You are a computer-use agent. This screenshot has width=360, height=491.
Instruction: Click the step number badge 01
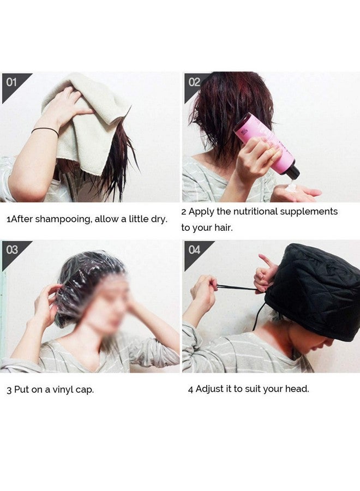[x=11, y=82]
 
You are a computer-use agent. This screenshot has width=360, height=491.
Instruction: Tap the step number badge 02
[x=194, y=82]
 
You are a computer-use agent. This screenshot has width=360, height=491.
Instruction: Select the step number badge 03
[x=11, y=250]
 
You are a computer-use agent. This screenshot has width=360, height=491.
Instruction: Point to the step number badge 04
[x=194, y=250]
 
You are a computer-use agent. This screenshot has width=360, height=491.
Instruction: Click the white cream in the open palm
[x=292, y=187]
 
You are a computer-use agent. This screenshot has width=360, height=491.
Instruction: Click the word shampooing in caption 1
[x=64, y=219]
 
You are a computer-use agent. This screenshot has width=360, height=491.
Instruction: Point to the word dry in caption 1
[x=158, y=219]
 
